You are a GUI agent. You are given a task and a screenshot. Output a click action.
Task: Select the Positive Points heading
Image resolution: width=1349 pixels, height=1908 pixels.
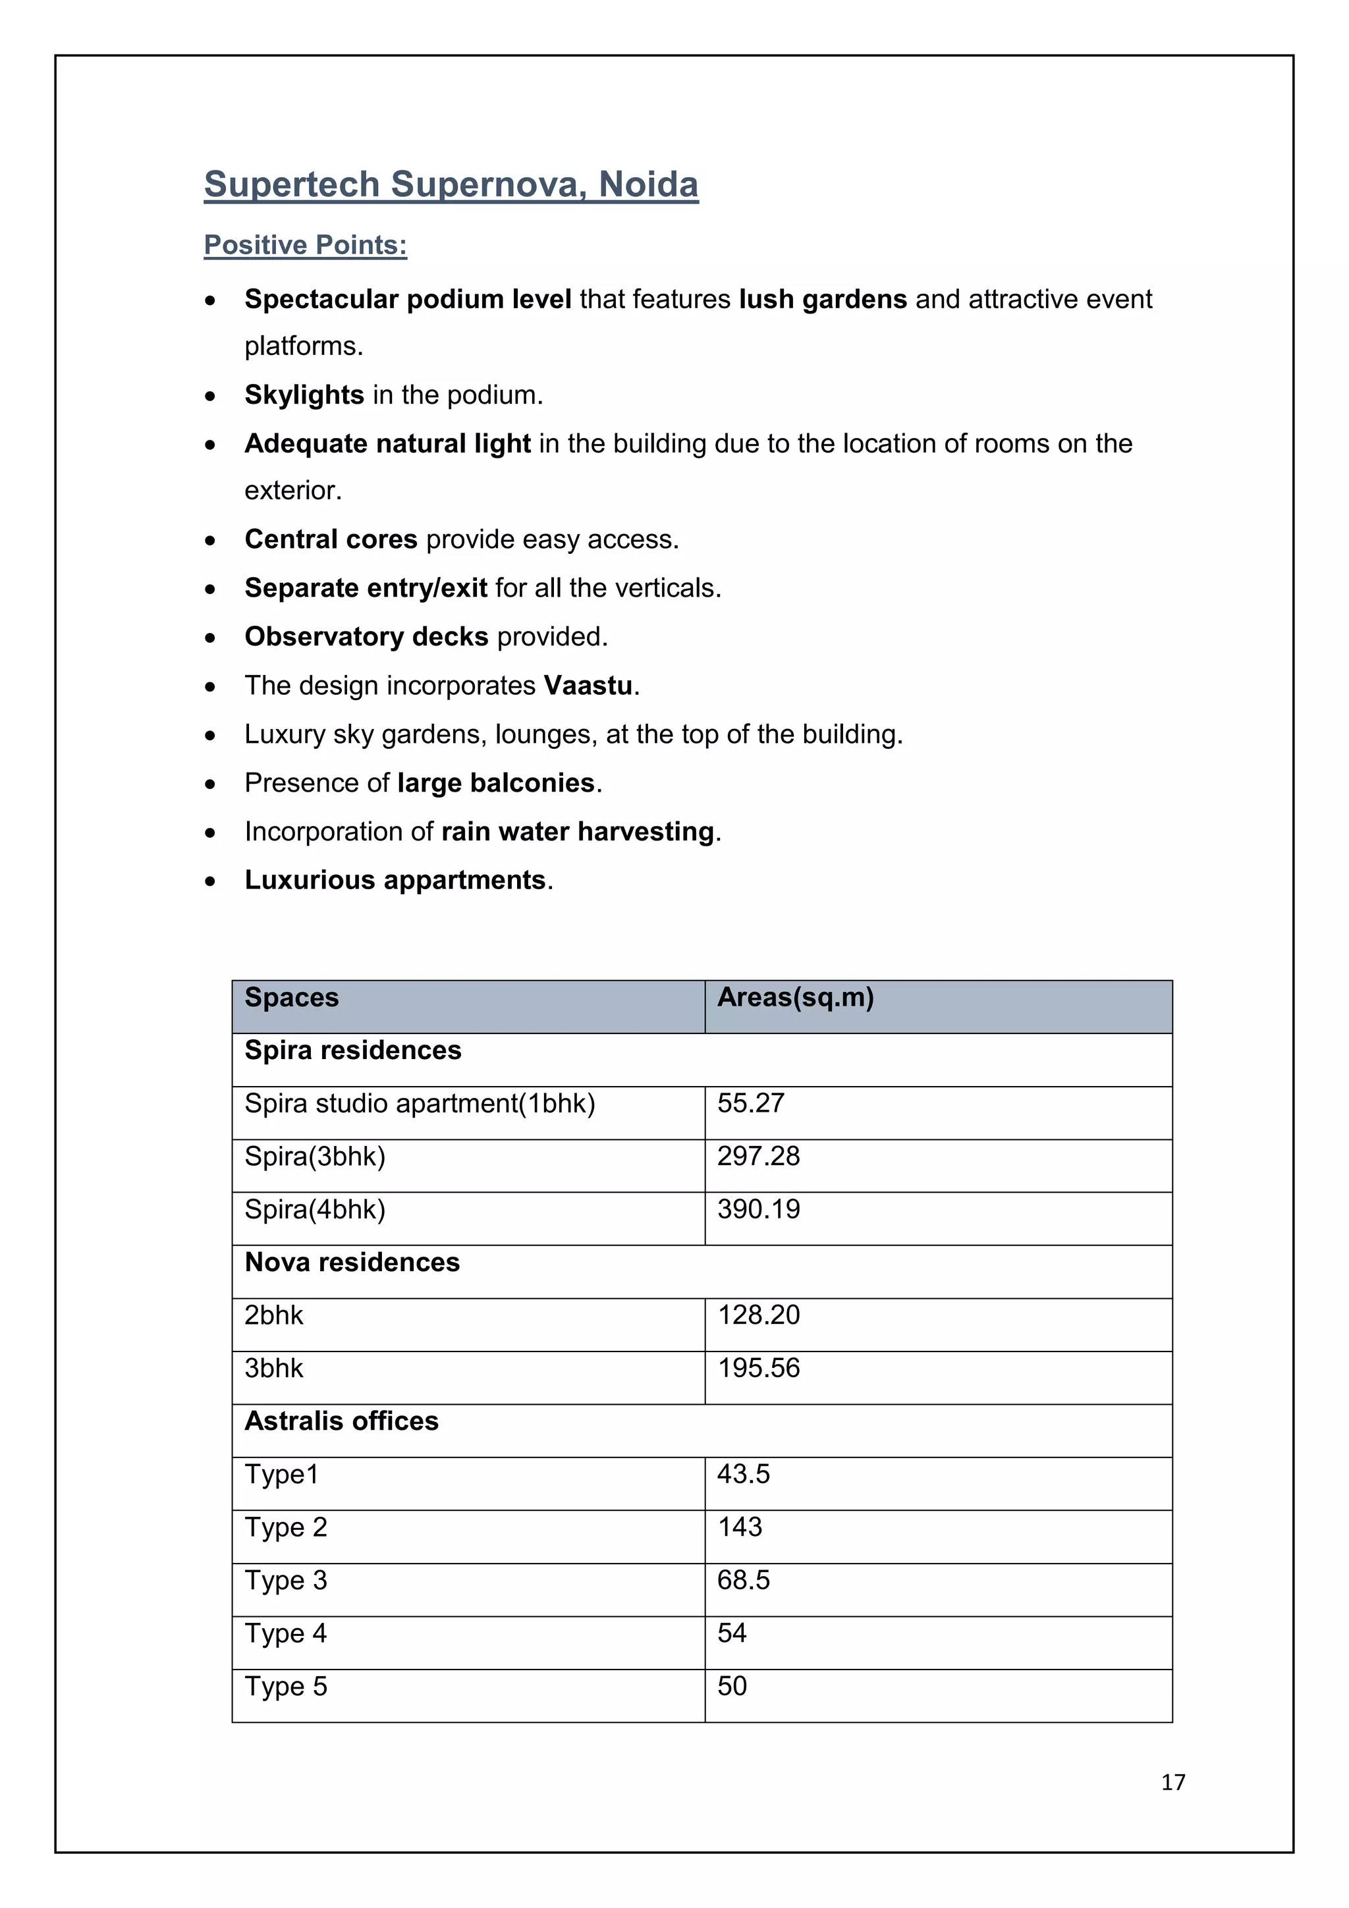305,245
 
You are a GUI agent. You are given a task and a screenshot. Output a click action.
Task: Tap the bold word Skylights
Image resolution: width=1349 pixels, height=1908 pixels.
304,395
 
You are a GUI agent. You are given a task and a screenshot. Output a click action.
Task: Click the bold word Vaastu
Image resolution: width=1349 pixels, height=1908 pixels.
588,686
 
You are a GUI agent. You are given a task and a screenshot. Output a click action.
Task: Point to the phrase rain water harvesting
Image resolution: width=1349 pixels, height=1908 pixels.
577,832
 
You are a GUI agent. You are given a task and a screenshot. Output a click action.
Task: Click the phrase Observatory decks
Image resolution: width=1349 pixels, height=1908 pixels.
366,637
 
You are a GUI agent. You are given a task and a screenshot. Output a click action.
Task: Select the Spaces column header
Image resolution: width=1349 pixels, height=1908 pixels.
291,997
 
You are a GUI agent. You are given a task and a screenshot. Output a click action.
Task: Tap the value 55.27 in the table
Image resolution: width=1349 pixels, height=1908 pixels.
750,1104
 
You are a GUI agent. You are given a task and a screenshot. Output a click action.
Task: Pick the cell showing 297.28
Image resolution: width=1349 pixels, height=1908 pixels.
758,1157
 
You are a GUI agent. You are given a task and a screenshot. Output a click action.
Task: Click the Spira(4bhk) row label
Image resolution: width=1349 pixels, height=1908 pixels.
314,1210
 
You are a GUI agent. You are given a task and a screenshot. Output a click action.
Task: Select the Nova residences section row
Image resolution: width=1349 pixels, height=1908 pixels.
352,1263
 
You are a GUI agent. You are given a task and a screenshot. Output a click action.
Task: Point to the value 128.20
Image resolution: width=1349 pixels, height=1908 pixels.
758,1315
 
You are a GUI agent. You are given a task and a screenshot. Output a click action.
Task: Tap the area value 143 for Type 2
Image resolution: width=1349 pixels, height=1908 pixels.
739,1527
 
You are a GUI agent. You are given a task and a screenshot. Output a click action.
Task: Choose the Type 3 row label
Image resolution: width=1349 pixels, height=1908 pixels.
285,1581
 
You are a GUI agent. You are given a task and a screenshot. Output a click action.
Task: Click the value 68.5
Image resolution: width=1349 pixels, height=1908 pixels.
743,1581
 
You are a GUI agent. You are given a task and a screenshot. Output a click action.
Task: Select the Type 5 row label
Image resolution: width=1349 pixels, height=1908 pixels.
285,1687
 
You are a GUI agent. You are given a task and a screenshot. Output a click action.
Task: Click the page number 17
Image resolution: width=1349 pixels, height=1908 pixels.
1172,1782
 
